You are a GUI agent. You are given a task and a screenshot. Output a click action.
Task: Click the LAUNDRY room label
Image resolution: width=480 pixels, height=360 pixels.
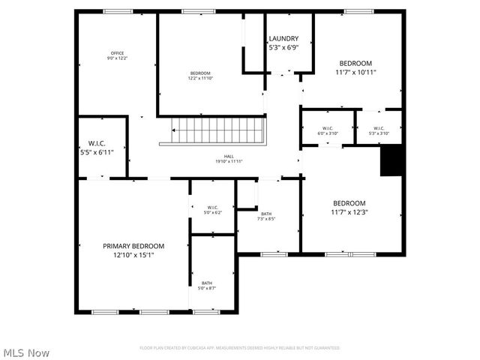283,39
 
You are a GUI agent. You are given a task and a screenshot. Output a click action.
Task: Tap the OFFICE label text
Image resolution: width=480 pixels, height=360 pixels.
118,52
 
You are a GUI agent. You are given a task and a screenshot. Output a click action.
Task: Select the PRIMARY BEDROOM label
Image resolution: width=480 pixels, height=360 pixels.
133,246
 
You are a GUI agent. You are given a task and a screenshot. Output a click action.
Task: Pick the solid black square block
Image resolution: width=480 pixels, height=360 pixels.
391,160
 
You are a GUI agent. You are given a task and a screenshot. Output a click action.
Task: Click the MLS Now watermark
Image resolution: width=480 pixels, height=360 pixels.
26,352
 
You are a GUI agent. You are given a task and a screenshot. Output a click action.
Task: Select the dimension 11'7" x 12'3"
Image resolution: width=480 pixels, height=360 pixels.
349,211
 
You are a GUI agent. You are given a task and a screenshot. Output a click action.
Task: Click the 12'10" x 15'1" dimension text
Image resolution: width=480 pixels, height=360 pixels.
133,255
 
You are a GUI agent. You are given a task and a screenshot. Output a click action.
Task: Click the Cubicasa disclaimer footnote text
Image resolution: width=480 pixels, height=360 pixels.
240,348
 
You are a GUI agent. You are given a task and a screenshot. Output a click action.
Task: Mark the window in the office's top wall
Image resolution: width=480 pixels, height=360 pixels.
118,10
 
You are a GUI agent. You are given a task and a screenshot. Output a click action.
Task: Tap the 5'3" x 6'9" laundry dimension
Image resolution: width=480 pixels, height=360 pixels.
283,48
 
